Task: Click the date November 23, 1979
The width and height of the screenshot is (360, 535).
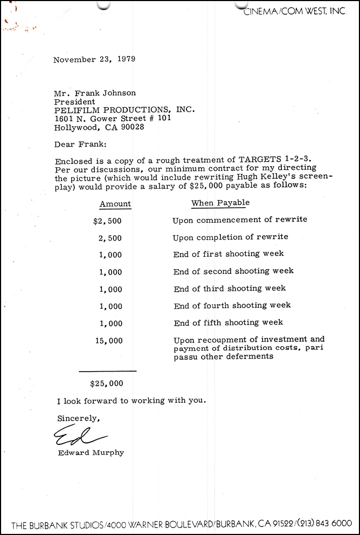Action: (94, 60)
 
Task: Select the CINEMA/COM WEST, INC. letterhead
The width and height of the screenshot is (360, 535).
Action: (294, 11)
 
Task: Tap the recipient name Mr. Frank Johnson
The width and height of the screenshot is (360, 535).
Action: (94, 93)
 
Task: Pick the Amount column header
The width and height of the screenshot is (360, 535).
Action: (115, 204)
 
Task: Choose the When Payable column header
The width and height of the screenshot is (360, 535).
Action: (220, 203)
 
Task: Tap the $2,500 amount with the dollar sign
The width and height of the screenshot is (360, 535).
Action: (107, 220)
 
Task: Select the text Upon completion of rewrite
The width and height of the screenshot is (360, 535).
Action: (230, 237)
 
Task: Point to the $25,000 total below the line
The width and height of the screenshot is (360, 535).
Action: (107, 384)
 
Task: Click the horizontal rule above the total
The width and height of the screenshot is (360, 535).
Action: (107, 371)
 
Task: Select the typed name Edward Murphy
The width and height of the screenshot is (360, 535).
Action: (91, 452)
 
